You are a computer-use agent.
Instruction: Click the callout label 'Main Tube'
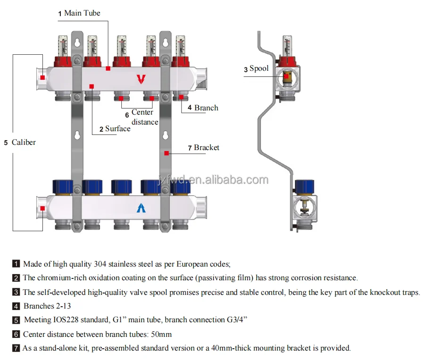pyautogui.click(x=82, y=13)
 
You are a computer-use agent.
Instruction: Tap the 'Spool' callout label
pyautogui.click(x=259, y=69)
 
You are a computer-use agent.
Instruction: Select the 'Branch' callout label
pyautogui.click(x=206, y=108)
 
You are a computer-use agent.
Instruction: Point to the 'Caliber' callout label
pyautogui.click(x=24, y=142)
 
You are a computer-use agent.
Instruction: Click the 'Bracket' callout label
pyautogui.click(x=207, y=148)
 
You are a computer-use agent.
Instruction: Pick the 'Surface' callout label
pyautogui.click(x=117, y=129)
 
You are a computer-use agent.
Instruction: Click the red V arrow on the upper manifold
pyautogui.click(x=141, y=79)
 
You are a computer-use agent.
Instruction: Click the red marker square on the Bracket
pyautogui.click(x=167, y=153)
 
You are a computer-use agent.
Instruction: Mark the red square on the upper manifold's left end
pyautogui.click(x=42, y=77)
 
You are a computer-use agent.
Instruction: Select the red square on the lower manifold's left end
pyautogui.click(x=42, y=208)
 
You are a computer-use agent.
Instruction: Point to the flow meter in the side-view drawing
pyautogui.click(x=287, y=45)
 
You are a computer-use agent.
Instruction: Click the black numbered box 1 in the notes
pyautogui.click(x=16, y=264)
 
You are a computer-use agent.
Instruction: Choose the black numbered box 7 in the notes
pyautogui.click(x=16, y=349)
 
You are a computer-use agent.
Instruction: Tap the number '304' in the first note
pyautogui.click(x=101, y=264)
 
